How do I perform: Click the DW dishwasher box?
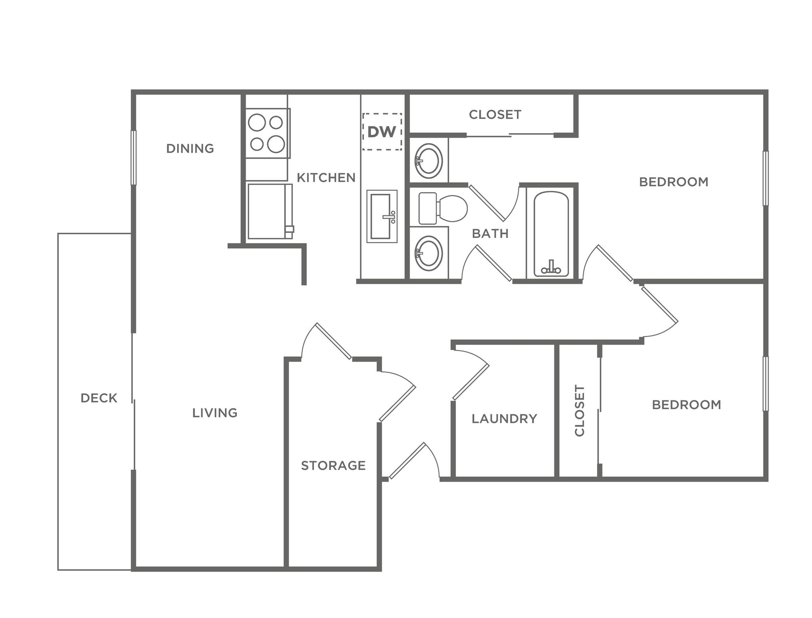(x=382, y=132)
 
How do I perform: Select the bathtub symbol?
(x=551, y=234)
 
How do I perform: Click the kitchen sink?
(x=381, y=216)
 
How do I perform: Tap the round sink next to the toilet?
(x=428, y=253)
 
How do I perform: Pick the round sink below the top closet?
(x=428, y=161)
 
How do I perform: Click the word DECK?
(x=99, y=398)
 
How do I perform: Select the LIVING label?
(x=214, y=413)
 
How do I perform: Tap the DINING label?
(x=190, y=149)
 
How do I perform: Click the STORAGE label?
(x=333, y=465)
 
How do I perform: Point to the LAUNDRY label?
(x=504, y=419)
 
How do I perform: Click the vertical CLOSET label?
(x=579, y=410)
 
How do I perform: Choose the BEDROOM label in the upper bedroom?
(x=673, y=182)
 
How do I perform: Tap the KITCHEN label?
(x=326, y=178)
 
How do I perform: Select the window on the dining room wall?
(x=134, y=158)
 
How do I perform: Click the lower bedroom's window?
(x=766, y=384)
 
